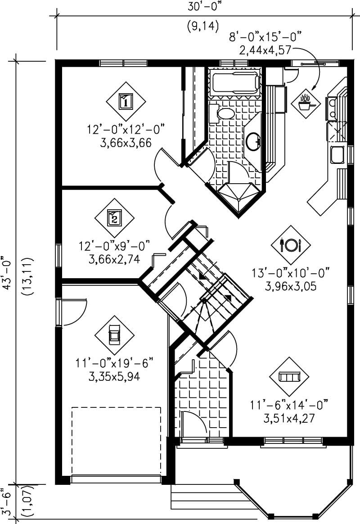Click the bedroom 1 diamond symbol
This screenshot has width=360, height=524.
pos(126,101)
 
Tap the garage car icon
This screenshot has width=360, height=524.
pos(114,334)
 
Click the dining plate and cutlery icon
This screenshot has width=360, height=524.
pos(291,245)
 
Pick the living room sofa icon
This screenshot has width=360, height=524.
pos(290,377)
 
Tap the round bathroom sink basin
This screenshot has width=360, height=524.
pos(253,141)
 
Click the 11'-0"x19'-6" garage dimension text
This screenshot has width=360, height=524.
pos(115,363)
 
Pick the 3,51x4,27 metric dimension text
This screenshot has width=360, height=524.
pos(288,417)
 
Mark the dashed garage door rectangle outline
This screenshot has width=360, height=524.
pos(116,441)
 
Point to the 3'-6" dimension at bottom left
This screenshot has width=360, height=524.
pos(6,498)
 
